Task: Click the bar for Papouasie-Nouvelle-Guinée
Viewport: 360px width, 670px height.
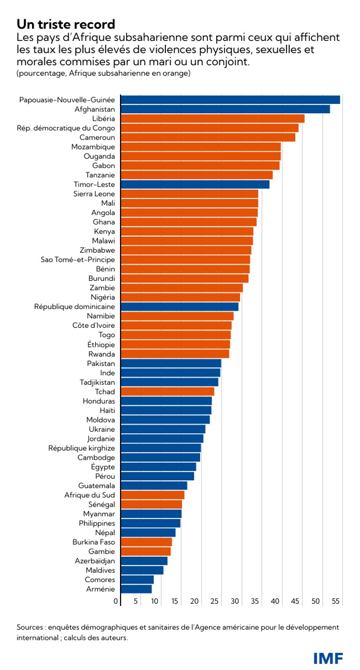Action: tap(230, 100)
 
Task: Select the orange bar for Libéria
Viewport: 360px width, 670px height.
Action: tap(212, 118)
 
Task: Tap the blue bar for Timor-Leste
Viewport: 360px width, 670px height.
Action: tap(195, 185)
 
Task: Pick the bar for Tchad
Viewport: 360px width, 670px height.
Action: tap(167, 391)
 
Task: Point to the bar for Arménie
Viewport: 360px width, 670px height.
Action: tap(136, 589)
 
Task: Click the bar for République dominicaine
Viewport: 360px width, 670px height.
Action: tap(179, 307)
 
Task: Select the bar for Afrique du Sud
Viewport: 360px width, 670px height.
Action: tap(153, 495)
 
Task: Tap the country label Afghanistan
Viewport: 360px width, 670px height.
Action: tap(95, 109)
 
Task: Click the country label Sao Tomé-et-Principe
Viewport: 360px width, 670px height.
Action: tap(78, 260)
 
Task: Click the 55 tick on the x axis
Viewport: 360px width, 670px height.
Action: tap(336, 601)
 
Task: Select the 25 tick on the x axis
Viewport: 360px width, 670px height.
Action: tap(215, 601)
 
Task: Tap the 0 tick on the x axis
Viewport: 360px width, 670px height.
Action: tap(116, 601)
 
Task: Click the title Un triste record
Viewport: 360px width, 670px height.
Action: tap(65, 25)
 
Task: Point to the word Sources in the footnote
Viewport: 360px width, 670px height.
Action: tap(30, 627)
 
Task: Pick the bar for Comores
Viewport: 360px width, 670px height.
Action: tap(137, 580)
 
